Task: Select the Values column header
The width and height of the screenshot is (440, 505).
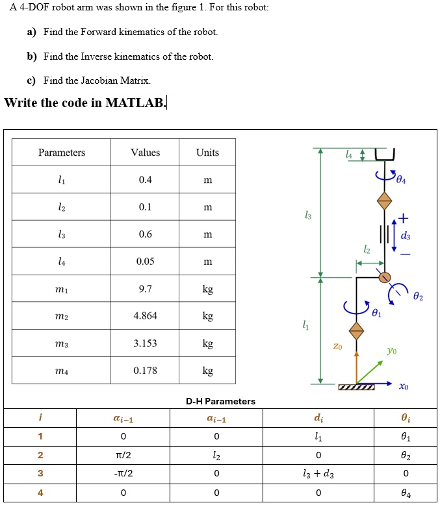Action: pyautogui.click(x=145, y=153)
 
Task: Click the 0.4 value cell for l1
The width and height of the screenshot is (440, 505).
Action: pyautogui.click(x=145, y=180)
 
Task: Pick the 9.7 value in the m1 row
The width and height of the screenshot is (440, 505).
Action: pyautogui.click(x=145, y=289)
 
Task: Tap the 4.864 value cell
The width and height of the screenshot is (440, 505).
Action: pyautogui.click(x=145, y=316)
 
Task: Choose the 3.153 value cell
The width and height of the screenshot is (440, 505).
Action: pyautogui.click(x=145, y=343)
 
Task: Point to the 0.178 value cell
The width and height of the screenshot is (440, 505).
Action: pyautogui.click(x=145, y=371)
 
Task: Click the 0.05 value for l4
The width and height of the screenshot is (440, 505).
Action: pyautogui.click(x=145, y=262)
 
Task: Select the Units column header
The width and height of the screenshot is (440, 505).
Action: pyautogui.click(x=207, y=153)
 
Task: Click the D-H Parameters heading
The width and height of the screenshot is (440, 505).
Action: pyautogui.click(x=220, y=401)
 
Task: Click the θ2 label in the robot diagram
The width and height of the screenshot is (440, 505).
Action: pyautogui.click(x=417, y=297)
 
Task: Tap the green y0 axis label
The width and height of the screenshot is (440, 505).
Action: pyautogui.click(x=391, y=351)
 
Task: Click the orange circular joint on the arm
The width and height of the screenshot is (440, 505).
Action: pyautogui.click(x=385, y=277)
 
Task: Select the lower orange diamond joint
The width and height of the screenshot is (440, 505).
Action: pyautogui.click(x=356, y=330)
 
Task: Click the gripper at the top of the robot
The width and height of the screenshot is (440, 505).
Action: pyautogui.click(x=385, y=154)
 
